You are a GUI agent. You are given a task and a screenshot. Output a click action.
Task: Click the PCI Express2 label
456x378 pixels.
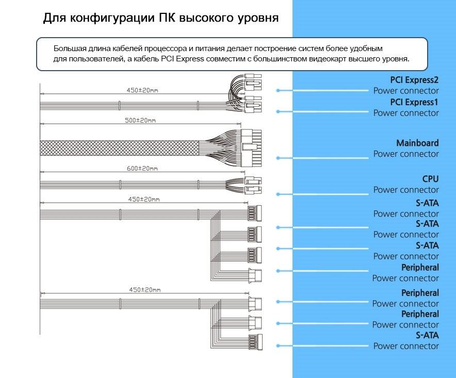tap(414, 80)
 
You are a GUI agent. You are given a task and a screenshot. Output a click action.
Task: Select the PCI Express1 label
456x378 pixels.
tap(414, 102)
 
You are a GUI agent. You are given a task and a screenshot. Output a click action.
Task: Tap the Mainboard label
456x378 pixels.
tap(417, 143)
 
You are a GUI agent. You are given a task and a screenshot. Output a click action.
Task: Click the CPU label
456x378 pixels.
tap(430, 179)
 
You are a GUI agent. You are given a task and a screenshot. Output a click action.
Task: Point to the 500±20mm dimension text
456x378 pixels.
tap(140, 120)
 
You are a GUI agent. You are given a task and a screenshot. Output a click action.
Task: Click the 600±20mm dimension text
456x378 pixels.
tap(142, 169)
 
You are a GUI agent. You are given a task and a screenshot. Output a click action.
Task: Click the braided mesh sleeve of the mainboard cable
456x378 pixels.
tap(119, 148)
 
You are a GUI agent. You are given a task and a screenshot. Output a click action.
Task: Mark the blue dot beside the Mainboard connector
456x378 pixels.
tap(278, 158)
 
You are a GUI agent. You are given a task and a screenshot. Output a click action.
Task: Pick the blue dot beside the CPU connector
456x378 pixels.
tap(278, 194)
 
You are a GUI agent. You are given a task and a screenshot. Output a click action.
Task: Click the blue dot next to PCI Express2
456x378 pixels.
tap(278, 90)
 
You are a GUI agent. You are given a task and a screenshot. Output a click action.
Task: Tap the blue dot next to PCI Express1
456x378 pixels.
tap(278, 111)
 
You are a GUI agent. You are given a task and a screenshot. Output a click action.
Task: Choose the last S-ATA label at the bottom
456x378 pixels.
tap(427, 335)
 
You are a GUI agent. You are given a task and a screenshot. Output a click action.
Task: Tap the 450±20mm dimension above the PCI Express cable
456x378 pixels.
tap(142, 90)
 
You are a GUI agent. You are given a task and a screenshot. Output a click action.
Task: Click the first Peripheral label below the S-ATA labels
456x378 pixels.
tap(420, 267)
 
